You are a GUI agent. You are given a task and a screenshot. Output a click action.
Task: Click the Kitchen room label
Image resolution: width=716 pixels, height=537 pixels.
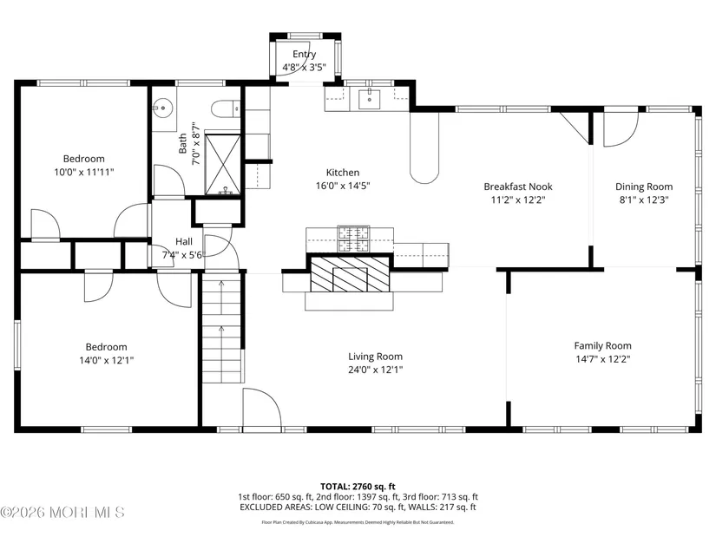point(343,173)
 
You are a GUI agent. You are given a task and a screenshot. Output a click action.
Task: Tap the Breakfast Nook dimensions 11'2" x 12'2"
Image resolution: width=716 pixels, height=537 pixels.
point(518,200)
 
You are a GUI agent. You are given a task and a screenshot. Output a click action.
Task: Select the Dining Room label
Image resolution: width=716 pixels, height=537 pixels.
point(644,187)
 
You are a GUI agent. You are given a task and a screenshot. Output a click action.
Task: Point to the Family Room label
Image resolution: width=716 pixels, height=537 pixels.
point(603,345)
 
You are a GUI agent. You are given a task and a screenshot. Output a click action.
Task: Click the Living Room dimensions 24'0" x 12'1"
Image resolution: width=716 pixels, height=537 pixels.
point(375,370)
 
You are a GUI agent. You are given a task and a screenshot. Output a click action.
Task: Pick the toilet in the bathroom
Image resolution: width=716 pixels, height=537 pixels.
point(226,108)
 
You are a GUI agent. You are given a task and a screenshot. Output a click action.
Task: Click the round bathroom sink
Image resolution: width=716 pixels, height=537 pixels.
point(161,108)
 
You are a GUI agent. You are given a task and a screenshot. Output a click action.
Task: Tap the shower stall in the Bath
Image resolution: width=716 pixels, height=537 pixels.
point(222,163)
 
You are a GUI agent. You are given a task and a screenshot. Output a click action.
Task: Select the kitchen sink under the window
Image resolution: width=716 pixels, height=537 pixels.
point(369,99)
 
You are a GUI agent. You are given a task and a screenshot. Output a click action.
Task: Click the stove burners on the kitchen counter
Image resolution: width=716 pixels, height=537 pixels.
point(353,239)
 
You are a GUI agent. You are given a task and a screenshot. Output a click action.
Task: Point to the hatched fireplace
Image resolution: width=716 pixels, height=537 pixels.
point(351,274)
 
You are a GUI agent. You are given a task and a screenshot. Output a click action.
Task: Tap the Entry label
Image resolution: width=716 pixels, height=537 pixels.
point(304,55)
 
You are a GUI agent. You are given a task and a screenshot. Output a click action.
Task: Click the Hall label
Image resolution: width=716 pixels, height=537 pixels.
point(184,241)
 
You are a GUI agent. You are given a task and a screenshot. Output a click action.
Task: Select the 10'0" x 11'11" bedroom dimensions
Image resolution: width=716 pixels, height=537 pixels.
point(84,172)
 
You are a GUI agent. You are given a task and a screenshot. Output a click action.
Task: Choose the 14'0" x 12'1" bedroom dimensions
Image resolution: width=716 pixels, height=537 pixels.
point(107,360)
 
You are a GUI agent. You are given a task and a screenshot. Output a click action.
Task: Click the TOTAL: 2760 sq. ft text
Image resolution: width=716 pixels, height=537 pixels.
point(358,487)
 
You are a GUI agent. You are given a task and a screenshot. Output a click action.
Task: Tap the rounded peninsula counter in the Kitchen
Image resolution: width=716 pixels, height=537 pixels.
point(424,147)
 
